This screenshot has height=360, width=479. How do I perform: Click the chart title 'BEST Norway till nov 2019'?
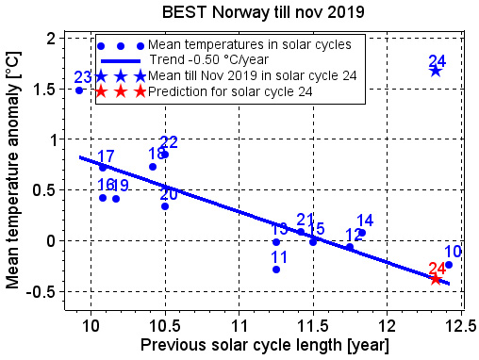point(239,12)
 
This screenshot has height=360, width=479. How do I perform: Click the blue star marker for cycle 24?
point(436,71)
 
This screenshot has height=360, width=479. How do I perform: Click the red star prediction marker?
point(436,278)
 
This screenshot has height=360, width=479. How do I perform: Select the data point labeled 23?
point(79,90)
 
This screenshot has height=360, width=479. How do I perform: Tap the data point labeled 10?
point(449,265)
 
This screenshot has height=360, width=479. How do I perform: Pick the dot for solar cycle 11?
point(276,270)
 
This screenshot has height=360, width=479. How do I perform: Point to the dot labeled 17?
point(103,168)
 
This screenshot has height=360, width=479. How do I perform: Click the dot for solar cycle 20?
point(165,206)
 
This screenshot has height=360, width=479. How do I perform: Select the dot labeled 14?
point(362,233)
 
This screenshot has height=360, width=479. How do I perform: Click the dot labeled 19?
point(116,199)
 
